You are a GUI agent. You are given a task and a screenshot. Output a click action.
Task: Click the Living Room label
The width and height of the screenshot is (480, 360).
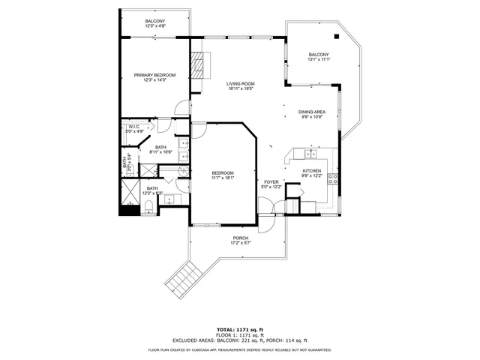click(x=241, y=83)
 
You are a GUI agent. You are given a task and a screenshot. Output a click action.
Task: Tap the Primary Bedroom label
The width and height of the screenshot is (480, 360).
click(x=154, y=75)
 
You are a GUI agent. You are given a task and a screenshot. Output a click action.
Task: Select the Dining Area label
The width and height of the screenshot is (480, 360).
click(x=312, y=112)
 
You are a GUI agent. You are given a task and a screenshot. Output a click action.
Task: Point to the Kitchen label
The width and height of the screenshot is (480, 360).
click(x=312, y=171)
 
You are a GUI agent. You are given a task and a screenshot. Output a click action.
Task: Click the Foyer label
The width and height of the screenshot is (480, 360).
click(x=271, y=181)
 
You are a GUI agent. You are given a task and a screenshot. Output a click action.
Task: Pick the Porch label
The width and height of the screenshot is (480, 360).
click(x=240, y=238)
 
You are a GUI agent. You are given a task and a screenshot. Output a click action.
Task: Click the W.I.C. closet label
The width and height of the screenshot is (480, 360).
click(x=133, y=127)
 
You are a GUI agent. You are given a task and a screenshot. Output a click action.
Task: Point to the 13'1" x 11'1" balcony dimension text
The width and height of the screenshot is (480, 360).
click(x=319, y=59)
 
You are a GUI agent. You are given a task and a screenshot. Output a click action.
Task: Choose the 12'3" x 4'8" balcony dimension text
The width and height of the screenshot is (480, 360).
click(x=155, y=26)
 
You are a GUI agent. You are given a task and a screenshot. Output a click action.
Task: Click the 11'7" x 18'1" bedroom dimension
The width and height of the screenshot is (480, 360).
click(x=223, y=178)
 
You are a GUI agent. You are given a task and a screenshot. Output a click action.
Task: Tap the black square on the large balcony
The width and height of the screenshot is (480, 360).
click(x=336, y=34)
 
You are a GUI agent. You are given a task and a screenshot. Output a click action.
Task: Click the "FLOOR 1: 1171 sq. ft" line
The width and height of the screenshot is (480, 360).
click(x=240, y=334)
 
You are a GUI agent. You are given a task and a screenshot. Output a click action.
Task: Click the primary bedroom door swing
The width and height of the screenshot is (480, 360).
click(x=182, y=109)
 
